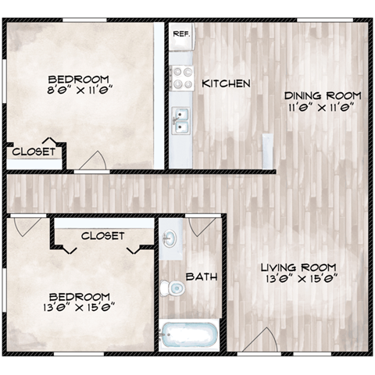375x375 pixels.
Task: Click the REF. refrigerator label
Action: (x=180, y=34)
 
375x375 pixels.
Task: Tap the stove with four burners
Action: (x=182, y=77)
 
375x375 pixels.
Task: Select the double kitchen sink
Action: (x=181, y=121)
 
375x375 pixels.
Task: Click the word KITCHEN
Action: (x=226, y=84)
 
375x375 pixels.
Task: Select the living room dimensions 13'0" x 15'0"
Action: (x=298, y=276)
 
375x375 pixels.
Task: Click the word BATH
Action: (x=202, y=277)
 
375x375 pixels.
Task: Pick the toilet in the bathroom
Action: (x=175, y=287)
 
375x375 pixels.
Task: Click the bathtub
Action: (x=188, y=336)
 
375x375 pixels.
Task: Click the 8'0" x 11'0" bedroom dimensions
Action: (x=78, y=90)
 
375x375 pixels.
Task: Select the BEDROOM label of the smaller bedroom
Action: (x=78, y=78)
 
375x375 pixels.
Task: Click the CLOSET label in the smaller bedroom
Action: (x=34, y=152)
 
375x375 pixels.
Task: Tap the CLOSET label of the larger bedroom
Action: (x=102, y=235)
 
